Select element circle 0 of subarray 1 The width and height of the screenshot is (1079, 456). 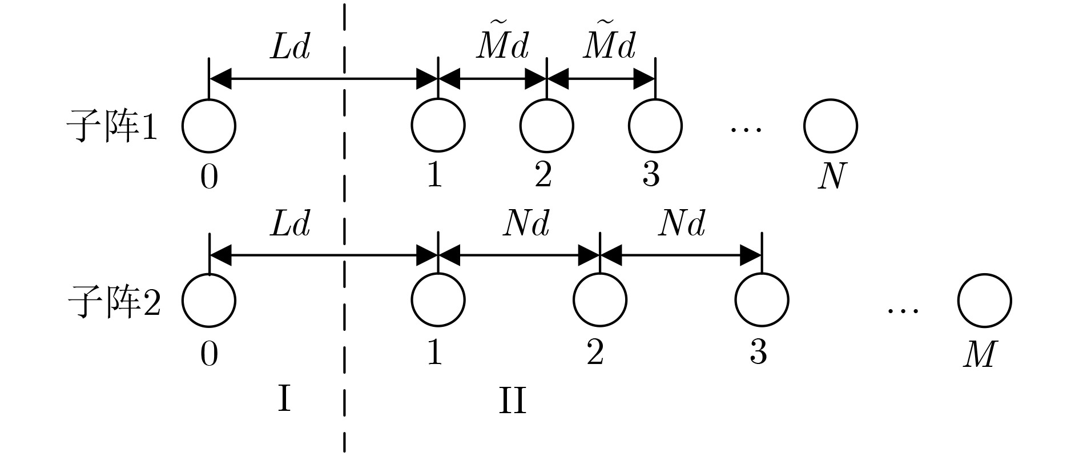[x=209, y=126]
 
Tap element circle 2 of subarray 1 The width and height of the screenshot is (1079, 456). [x=546, y=126]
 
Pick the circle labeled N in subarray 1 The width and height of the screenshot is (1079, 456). [x=831, y=126]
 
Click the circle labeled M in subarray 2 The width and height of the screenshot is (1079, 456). [x=985, y=301]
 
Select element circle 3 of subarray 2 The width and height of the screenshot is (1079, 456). [x=762, y=301]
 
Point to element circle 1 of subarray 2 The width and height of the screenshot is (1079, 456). [x=438, y=301]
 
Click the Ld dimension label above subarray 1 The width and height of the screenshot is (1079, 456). [x=290, y=47]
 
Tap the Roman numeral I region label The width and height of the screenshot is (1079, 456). [x=284, y=398]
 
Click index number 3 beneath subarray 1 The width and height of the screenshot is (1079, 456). [x=651, y=174]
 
